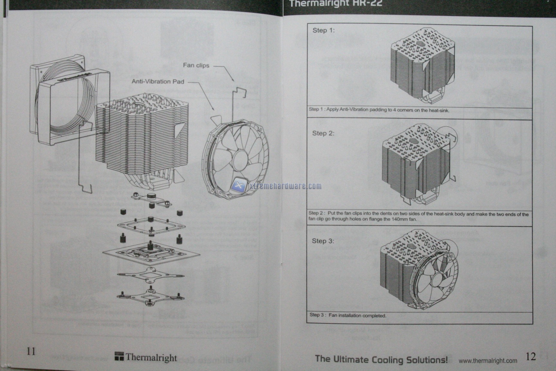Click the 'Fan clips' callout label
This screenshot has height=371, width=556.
pyautogui.click(x=196, y=65)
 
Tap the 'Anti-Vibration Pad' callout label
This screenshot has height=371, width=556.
pyautogui.click(x=158, y=81)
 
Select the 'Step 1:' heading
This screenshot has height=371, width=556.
pyautogui.click(x=323, y=30)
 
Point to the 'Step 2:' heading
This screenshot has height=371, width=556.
pyautogui.click(x=323, y=133)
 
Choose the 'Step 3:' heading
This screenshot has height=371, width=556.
pyautogui.click(x=323, y=241)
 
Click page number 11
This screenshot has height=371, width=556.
pyautogui.click(x=31, y=351)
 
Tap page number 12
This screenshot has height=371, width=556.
pyautogui.click(x=531, y=356)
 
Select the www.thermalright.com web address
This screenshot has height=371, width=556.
pyautogui.click(x=488, y=361)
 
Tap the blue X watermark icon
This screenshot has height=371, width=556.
pyautogui.click(x=239, y=185)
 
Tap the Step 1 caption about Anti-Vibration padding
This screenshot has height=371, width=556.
pyautogui.click(x=379, y=109)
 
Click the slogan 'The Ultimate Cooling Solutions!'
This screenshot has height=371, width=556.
pyautogui.click(x=381, y=359)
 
